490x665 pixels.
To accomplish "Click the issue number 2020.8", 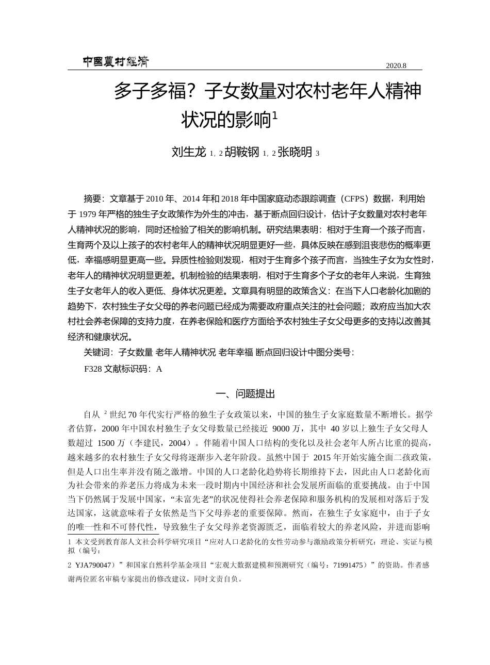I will tap(396, 65).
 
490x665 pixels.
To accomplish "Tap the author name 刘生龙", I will tap(189, 152).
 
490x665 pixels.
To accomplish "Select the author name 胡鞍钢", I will tap(242, 152).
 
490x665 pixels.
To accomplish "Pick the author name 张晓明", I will tap(295, 152).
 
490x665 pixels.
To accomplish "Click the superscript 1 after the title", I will tap(274, 115).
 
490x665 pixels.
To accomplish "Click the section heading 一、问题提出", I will tap(245, 394).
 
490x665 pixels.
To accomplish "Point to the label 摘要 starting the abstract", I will tap(92, 199).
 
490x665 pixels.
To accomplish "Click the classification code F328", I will tap(93, 369).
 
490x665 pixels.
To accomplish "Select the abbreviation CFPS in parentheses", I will tap(355, 199).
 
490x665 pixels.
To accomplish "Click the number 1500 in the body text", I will tap(106, 443).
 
